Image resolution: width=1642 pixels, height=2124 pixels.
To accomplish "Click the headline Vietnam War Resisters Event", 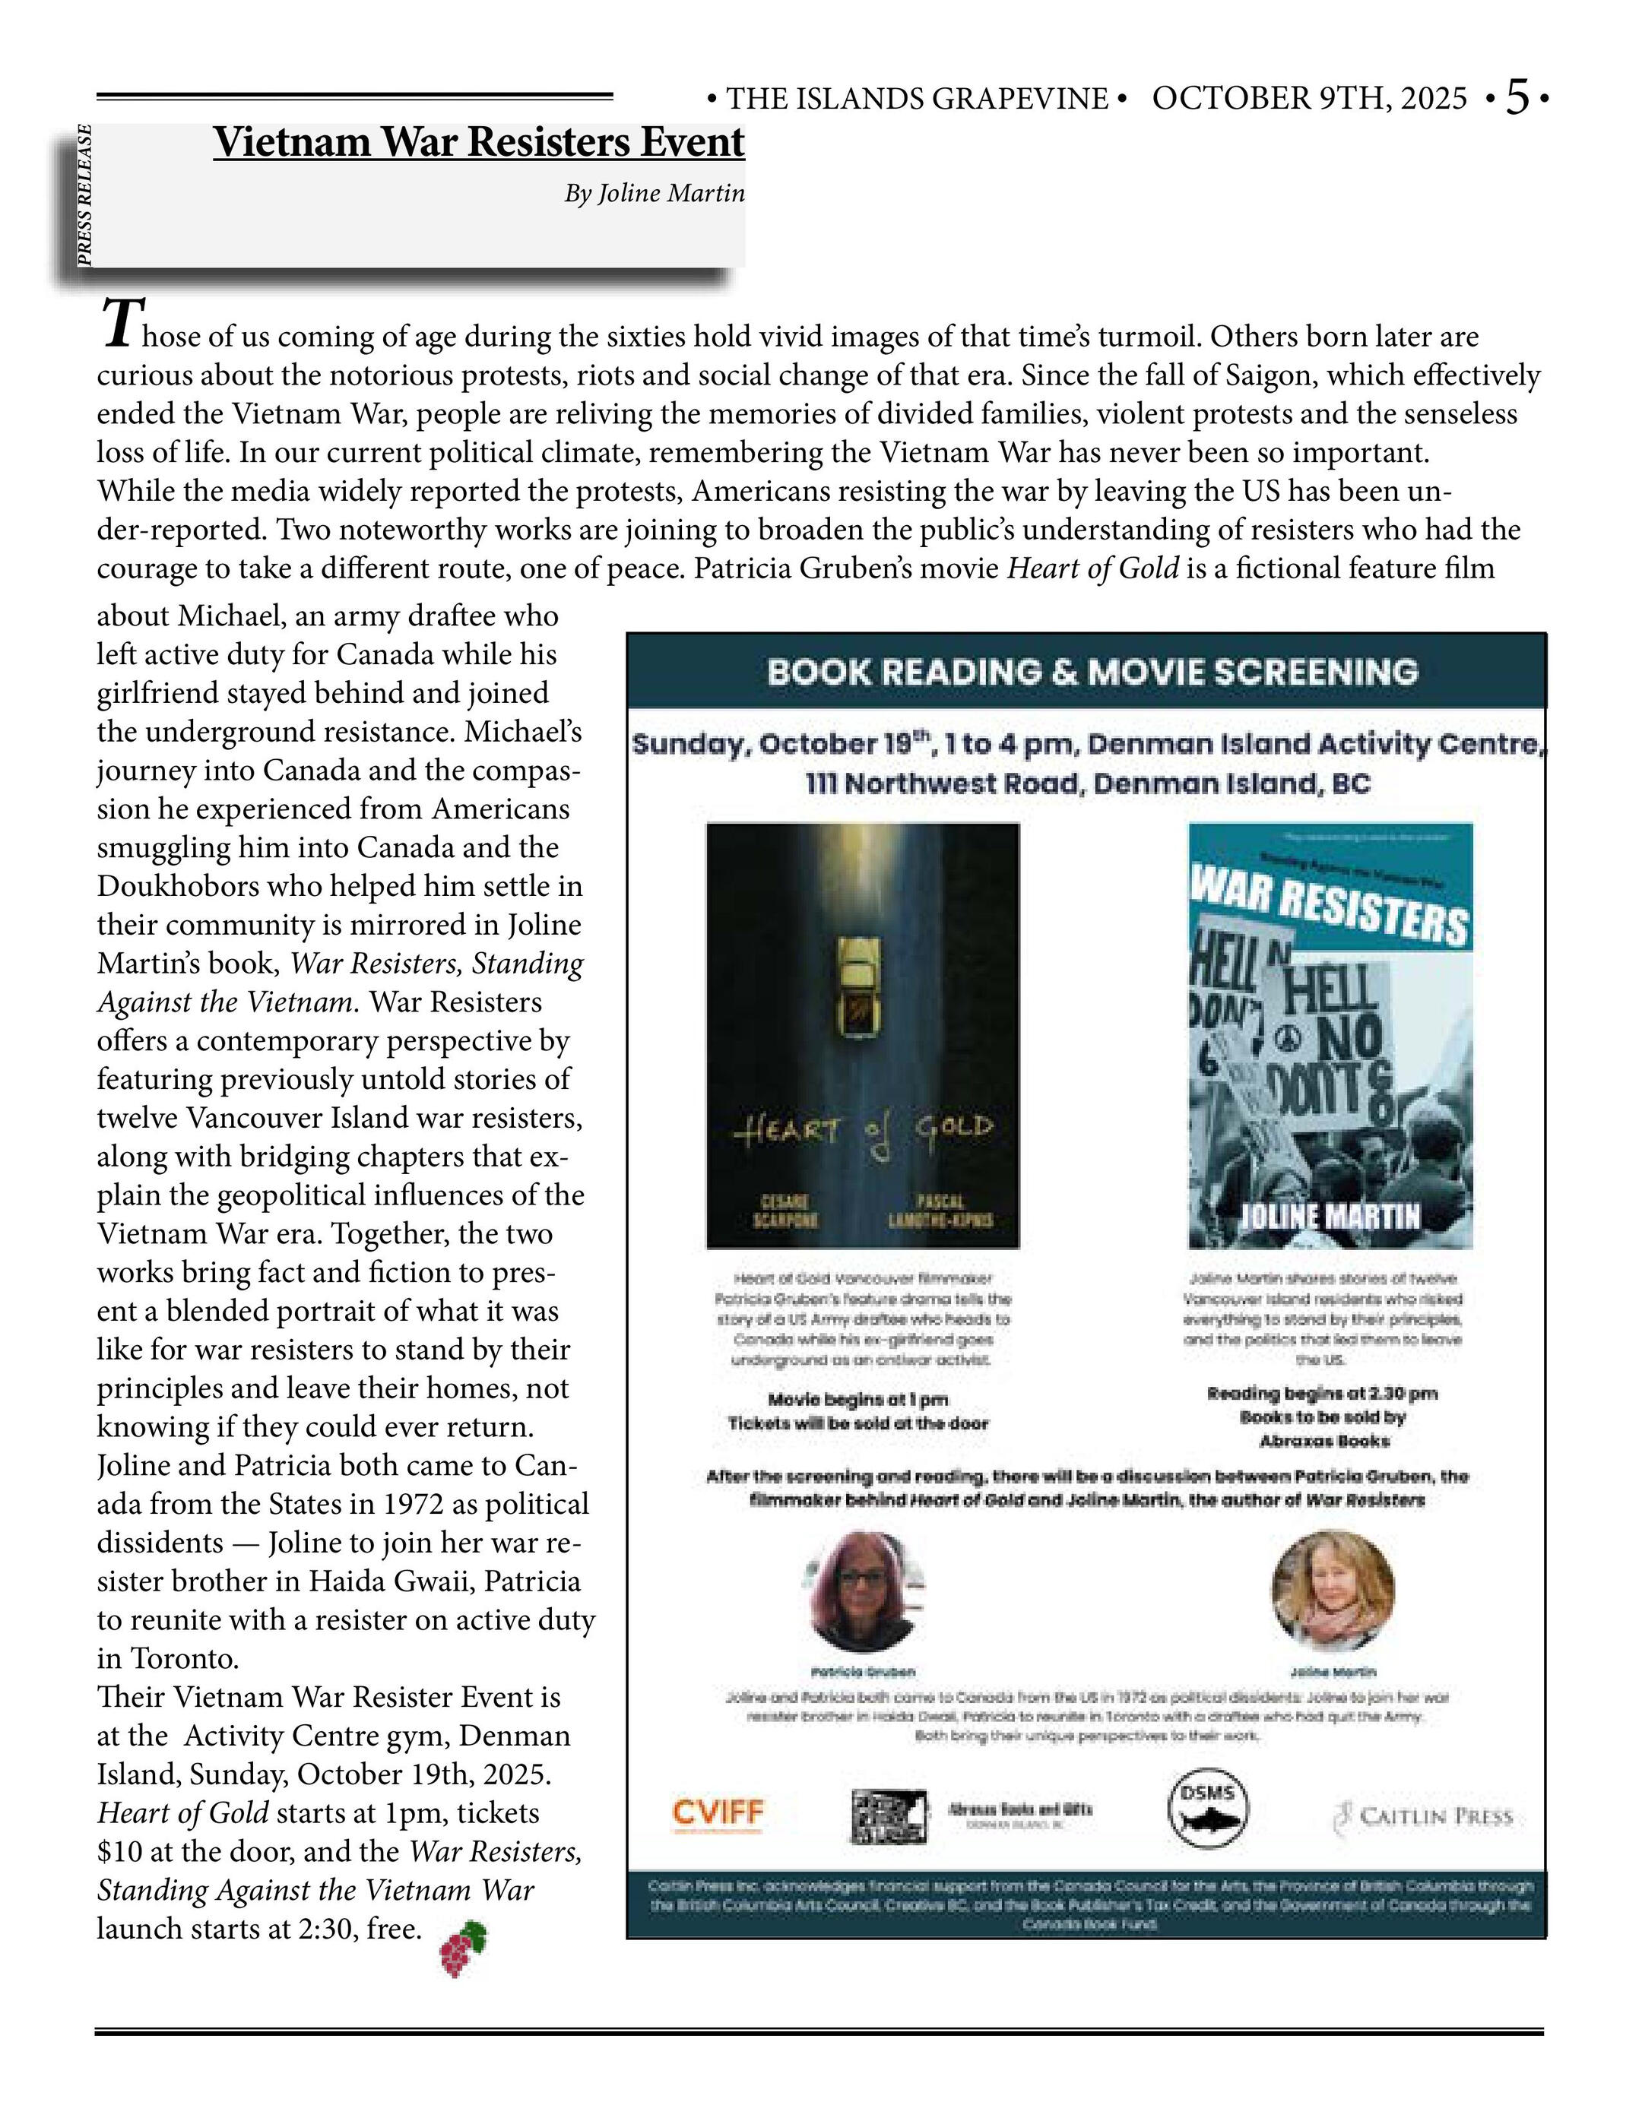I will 479,142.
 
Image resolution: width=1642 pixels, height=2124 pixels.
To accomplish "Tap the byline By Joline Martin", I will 654,194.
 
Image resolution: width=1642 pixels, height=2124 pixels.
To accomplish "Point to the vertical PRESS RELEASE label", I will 86,195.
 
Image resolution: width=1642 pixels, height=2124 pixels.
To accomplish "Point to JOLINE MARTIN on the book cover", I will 1330,1217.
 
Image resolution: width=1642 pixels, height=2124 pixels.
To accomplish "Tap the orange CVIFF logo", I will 718,1812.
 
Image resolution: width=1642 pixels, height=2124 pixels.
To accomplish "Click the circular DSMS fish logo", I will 1207,1807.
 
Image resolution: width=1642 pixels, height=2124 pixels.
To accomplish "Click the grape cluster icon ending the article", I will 463,1948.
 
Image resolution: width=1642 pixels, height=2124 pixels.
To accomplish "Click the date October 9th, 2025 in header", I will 1309,98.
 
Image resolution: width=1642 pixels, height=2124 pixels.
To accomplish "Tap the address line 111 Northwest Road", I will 1088,783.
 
